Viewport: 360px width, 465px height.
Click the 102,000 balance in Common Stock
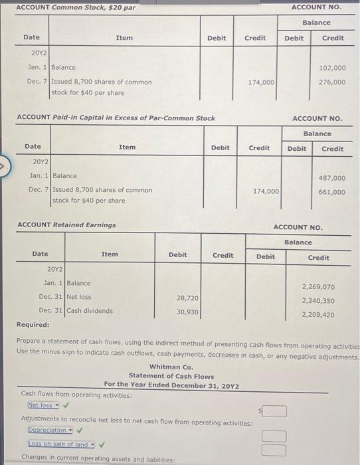click(332, 68)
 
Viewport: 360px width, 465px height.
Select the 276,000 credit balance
click(332, 82)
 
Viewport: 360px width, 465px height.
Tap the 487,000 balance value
click(332, 178)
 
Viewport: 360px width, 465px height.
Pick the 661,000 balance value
click(332, 193)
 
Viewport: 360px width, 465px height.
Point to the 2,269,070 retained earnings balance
click(318, 287)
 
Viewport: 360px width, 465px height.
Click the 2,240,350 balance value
click(318, 301)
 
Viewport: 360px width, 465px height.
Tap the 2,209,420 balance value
click(318, 315)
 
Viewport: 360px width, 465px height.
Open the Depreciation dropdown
click(50, 430)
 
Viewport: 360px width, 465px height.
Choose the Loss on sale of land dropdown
click(61, 444)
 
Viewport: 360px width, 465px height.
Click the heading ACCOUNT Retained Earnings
click(65, 225)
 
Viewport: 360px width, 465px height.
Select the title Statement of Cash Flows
click(171, 376)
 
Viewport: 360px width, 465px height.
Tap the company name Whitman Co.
click(171, 367)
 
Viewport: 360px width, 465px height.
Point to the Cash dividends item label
click(90, 311)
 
